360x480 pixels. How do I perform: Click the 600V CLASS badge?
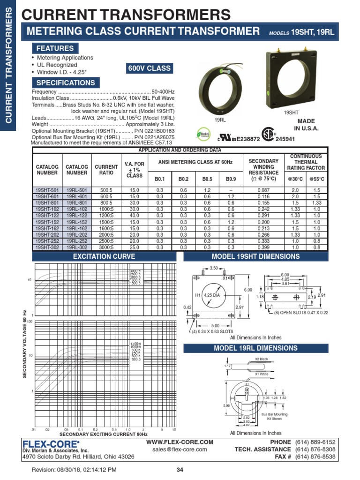pyautogui.click(x=150, y=68)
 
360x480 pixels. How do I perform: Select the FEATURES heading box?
pyautogui.click(x=55, y=48)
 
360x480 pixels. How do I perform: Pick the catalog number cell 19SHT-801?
pyautogui.click(x=47, y=202)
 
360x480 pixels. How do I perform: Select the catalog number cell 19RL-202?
pyautogui.click(x=77, y=235)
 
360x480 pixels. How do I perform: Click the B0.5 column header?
pyautogui.click(x=207, y=179)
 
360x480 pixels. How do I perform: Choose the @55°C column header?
pyautogui.click(x=317, y=179)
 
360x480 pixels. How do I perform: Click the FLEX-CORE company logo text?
pyautogui.click(x=51, y=443)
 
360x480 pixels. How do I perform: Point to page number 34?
pyautogui.click(x=180, y=470)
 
